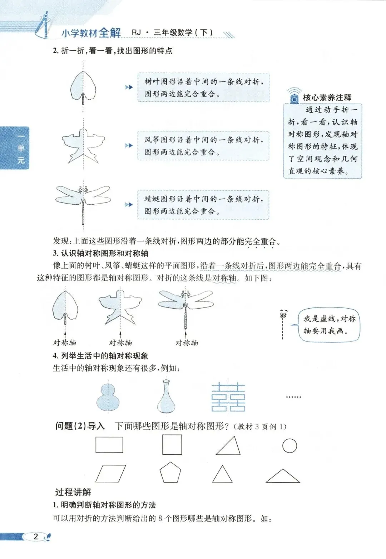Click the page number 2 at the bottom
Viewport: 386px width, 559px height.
tap(36, 536)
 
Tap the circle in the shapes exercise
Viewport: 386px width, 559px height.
tap(289, 445)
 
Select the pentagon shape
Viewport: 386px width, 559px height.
tap(170, 473)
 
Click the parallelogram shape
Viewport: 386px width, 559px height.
tap(111, 474)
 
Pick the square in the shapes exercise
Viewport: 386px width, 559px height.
tap(172, 445)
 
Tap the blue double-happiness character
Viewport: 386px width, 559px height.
tap(228, 397)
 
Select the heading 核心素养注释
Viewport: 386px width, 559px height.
tap(327, 98)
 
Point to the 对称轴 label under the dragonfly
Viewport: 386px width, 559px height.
tap(187, 343)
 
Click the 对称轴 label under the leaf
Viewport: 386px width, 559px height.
tap(65, 343)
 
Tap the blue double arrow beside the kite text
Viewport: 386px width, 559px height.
tap(129, 146)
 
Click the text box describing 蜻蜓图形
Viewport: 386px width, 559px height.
tap(203, 205)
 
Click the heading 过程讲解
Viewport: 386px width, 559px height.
tap(73, 492)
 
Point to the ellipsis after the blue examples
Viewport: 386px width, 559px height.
tap(293, 397)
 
